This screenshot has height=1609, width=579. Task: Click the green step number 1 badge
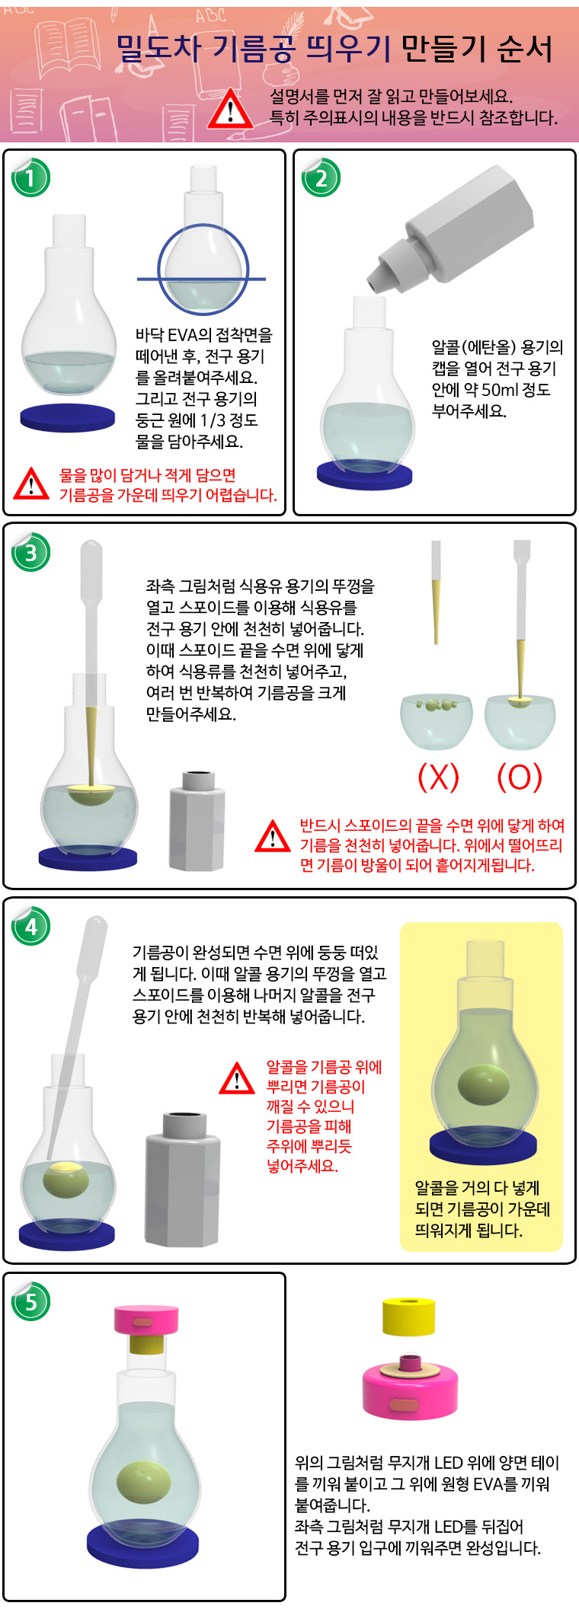click(x=30, y=177)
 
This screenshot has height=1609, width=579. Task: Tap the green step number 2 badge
click(x=321, y=177)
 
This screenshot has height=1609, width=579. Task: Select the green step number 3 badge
click(x=30, y=551)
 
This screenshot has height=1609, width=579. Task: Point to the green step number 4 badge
click(x=30, y=926)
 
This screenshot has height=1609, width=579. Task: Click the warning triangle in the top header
click(x=230, y=109)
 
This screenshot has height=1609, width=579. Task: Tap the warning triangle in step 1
click(x=31, y=483)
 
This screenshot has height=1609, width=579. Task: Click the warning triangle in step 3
click(x=273, y=835)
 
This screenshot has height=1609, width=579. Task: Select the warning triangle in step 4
click(x=237, y=1078)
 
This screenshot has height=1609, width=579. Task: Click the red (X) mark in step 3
click(x=438, y=777)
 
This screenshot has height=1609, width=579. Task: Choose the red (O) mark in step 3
click(x=520, y=777)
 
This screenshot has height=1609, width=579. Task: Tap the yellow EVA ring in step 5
click(x=408, y=1317)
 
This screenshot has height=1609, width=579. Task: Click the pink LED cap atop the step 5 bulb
click(x=146, y=1318)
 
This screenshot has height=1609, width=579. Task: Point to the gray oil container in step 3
click(x=197, y=820)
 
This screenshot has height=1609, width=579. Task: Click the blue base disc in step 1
click(x=67, y=417)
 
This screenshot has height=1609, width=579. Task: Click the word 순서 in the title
click(x=524, y=49)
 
